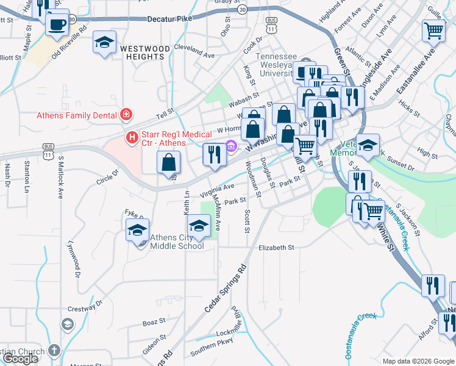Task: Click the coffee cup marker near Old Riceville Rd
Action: [x=57, y=24]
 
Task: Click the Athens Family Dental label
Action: [x=78, y=115]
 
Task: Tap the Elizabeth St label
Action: [x=276, y=248]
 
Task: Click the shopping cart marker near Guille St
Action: [x=433, y=29]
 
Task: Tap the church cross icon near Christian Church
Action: [x=54, y=351]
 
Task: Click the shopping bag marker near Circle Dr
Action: [x=169, y=163]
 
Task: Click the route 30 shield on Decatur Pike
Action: [x=242, y=10]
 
